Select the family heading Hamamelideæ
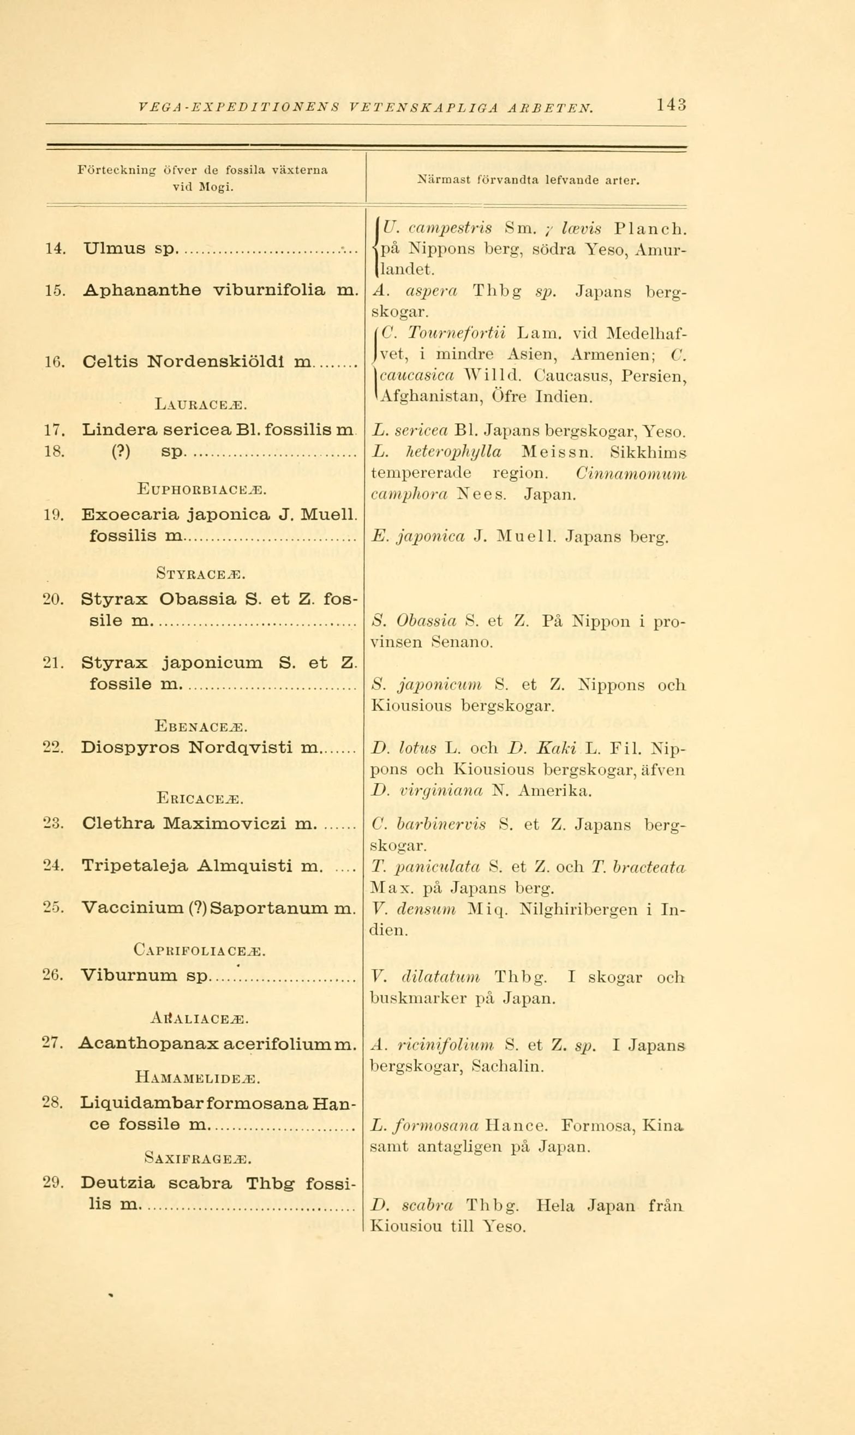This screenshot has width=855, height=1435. tap(198, 1075)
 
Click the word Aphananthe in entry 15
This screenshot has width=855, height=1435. tap(142, 290)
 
